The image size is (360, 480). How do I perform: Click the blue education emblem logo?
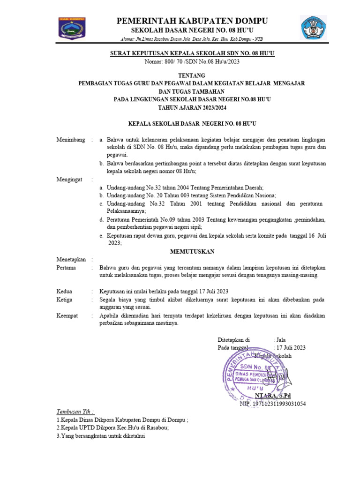click(x=314, y=28)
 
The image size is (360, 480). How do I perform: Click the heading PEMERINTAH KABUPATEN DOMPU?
click(x=192, y=21)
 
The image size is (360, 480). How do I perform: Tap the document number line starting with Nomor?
click(x=192, y=61)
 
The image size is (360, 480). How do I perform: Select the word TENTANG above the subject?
click(x=192, y=75)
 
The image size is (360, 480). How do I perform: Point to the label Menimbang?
click(x=71, y=140)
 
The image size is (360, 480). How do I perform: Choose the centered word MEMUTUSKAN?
click(x=192, y=252)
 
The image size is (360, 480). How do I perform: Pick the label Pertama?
click(x=67, y=267)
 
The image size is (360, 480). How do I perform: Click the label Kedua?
click(x=65, y=291)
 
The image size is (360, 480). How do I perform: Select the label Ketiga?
click(x=66, y=299)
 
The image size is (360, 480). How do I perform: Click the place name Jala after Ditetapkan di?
click(x=281, y=339)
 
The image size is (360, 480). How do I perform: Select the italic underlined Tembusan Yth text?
click(x=75, y=412)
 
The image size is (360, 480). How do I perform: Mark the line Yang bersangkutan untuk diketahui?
click(x=101, y=436)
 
